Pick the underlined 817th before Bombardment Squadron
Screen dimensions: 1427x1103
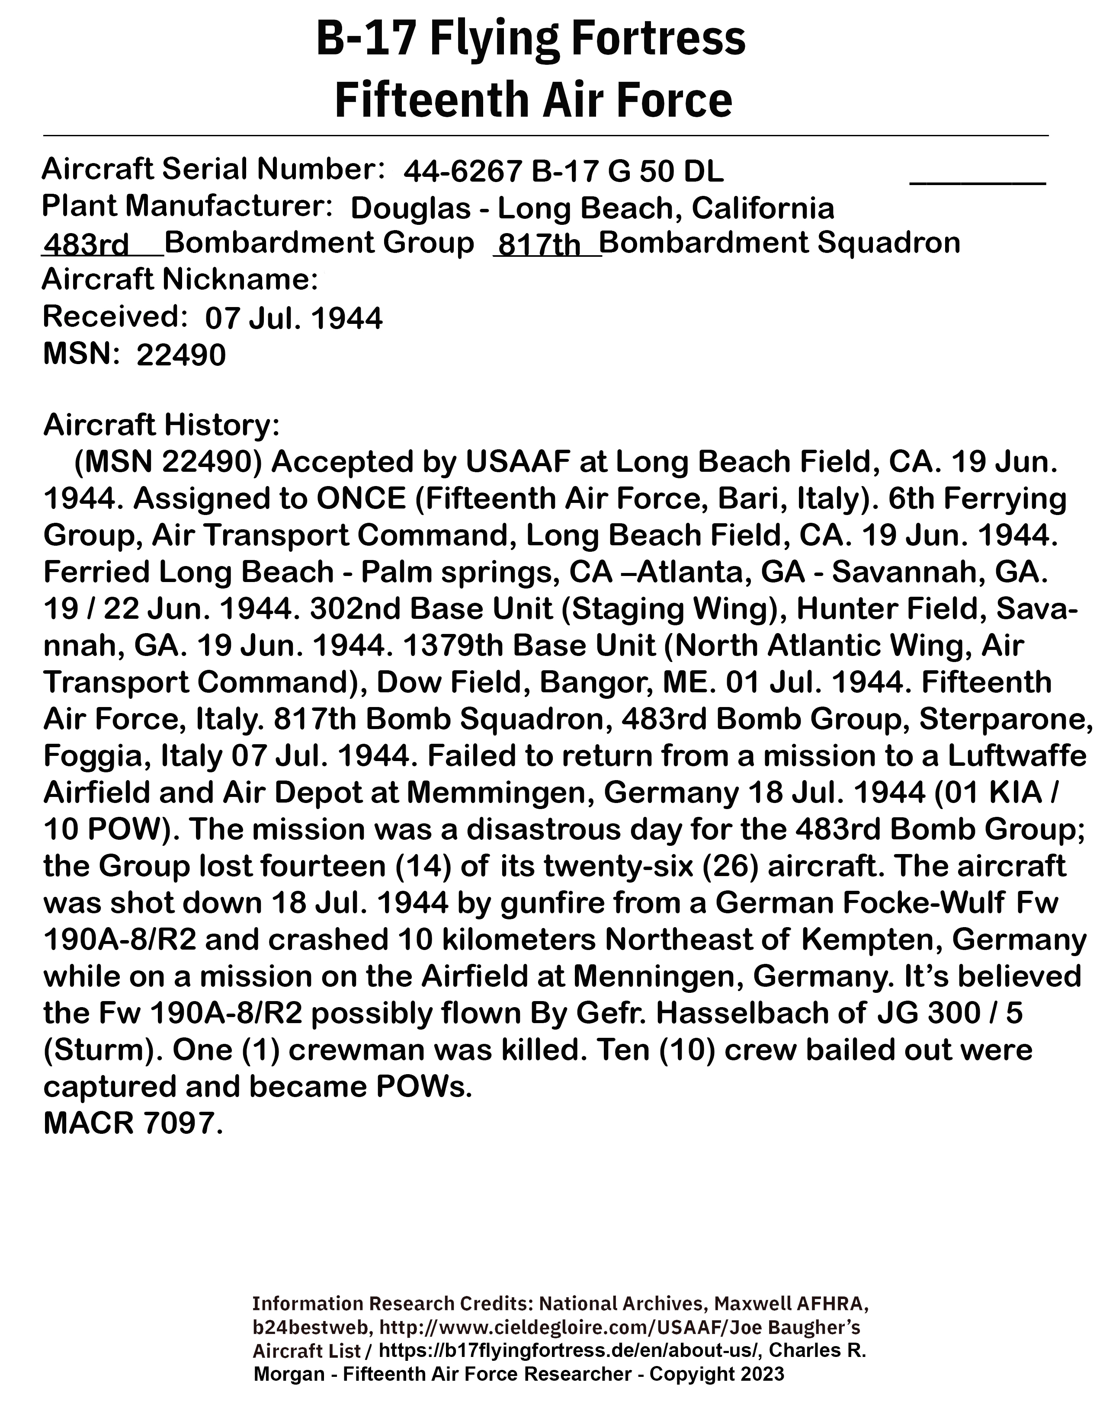pos(539,246)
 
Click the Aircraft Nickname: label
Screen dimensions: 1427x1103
pos(180,280)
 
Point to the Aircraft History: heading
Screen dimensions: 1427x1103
pos(161,426)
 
